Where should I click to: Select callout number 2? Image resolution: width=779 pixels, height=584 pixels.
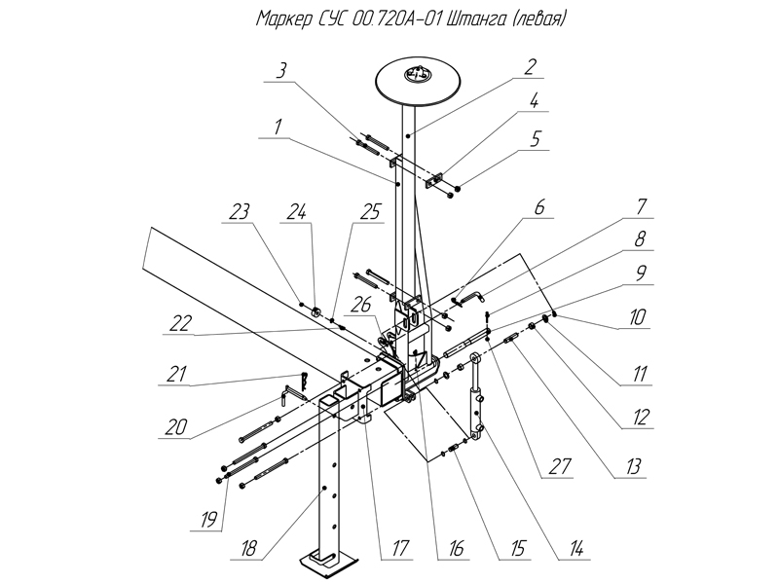coord(529,67)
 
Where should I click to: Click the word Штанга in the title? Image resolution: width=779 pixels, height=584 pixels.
coord(474,18)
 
